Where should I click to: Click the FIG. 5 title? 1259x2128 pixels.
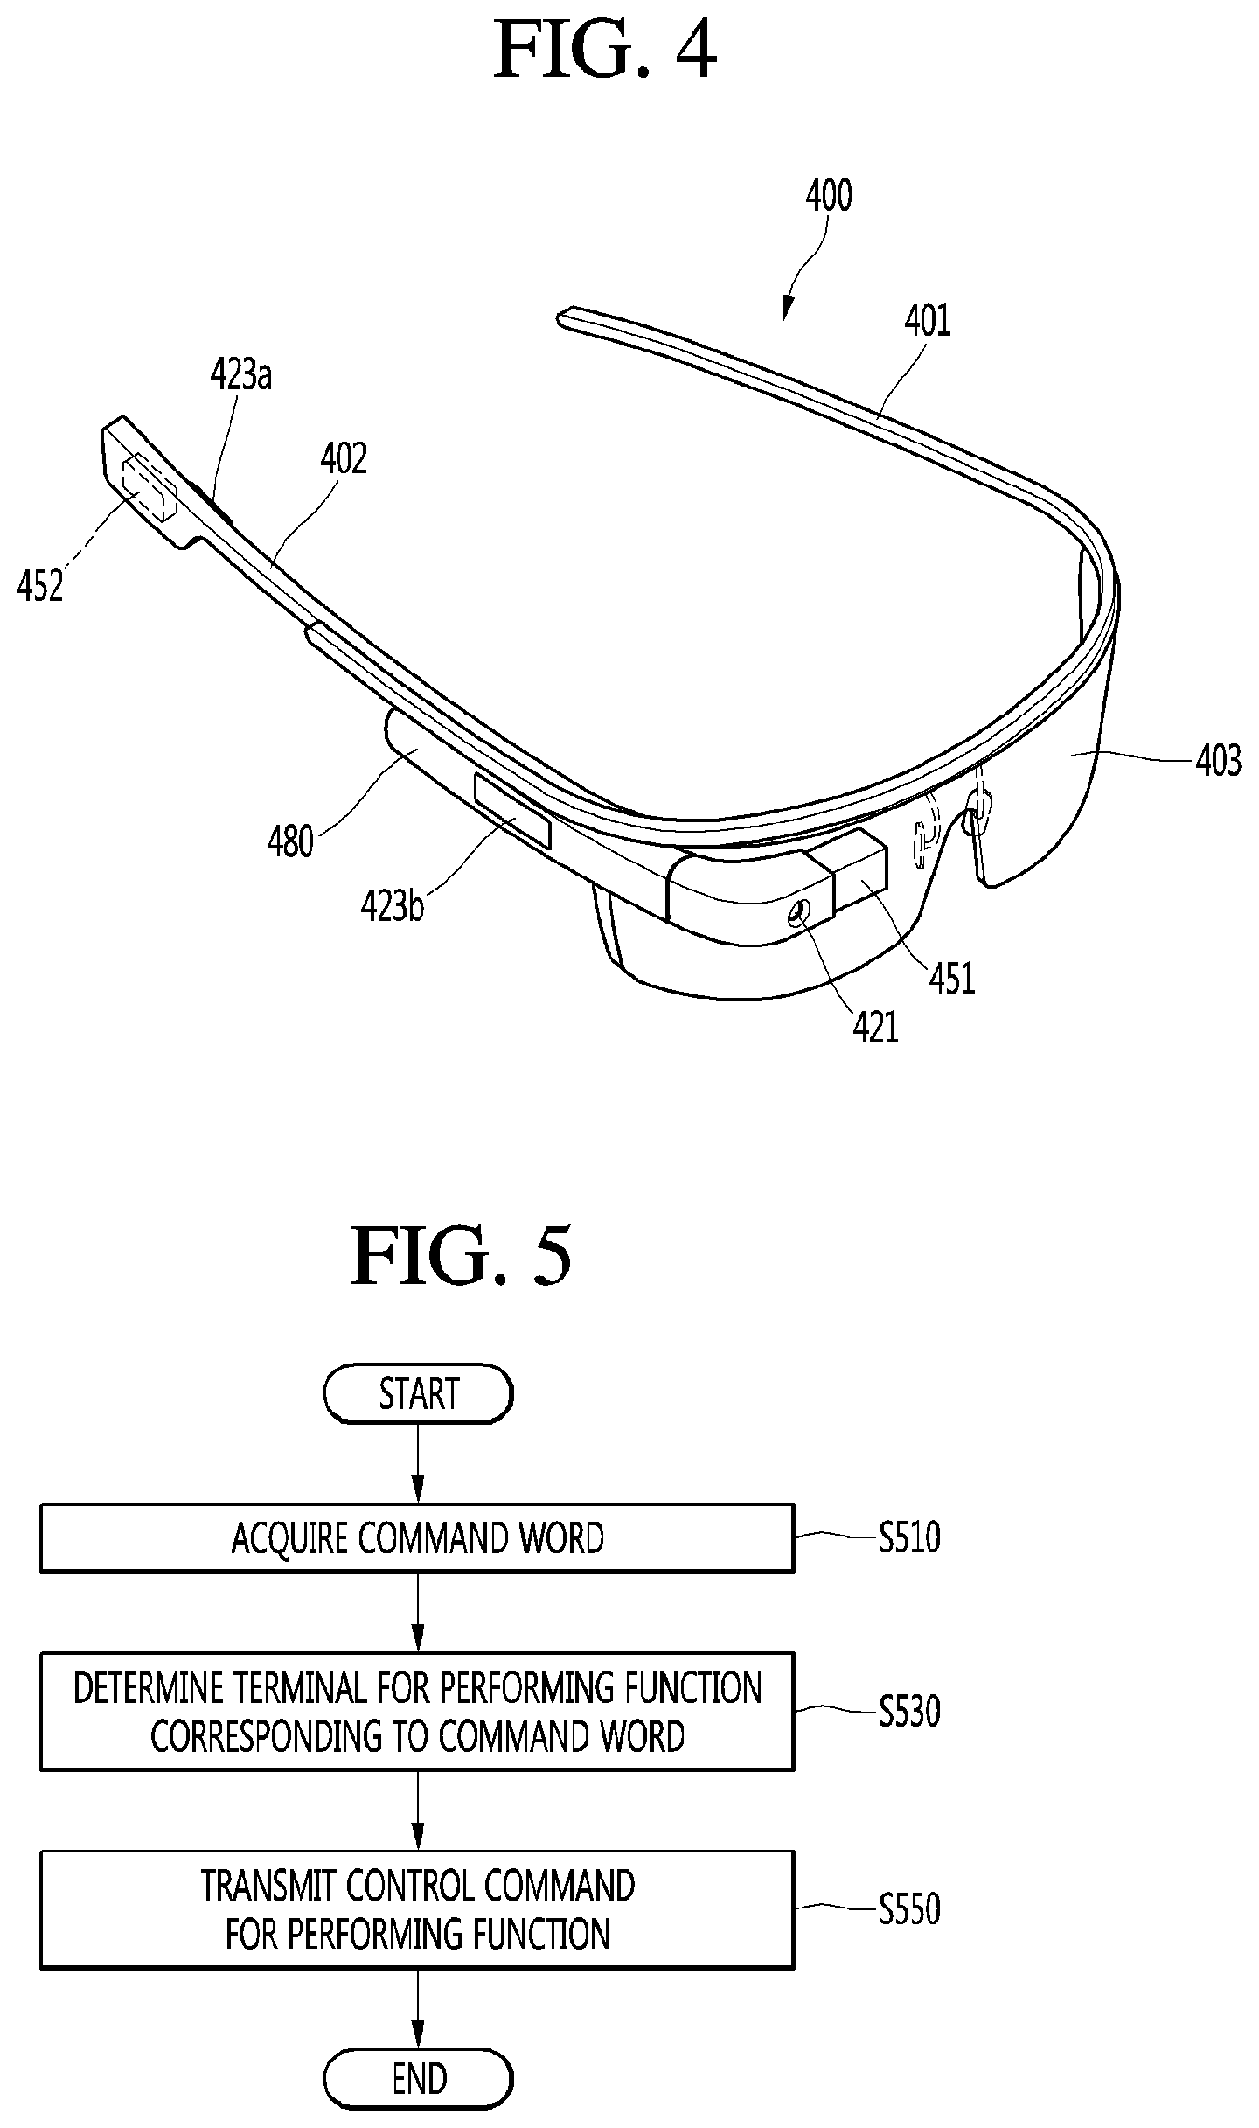(x=461, y=1255)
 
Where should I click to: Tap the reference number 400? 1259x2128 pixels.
(x=828, y=196)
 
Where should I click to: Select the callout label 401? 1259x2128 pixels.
(x=927, y=320)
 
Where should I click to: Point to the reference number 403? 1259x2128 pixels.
(x=1218, y=760)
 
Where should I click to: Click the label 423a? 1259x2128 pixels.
(x=241, y=374)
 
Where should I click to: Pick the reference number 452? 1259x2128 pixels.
(x=40, y=585)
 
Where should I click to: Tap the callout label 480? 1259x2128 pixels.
(x=290, y=841)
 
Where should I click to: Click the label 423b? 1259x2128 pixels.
(x=393, y=905)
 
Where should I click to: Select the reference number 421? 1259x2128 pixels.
(x=876, y=1026)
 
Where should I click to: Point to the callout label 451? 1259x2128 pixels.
(x=952, y=979)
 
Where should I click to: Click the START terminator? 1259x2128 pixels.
(x=418, y=1393)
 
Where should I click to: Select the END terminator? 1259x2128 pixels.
(x=418, y=2079)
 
